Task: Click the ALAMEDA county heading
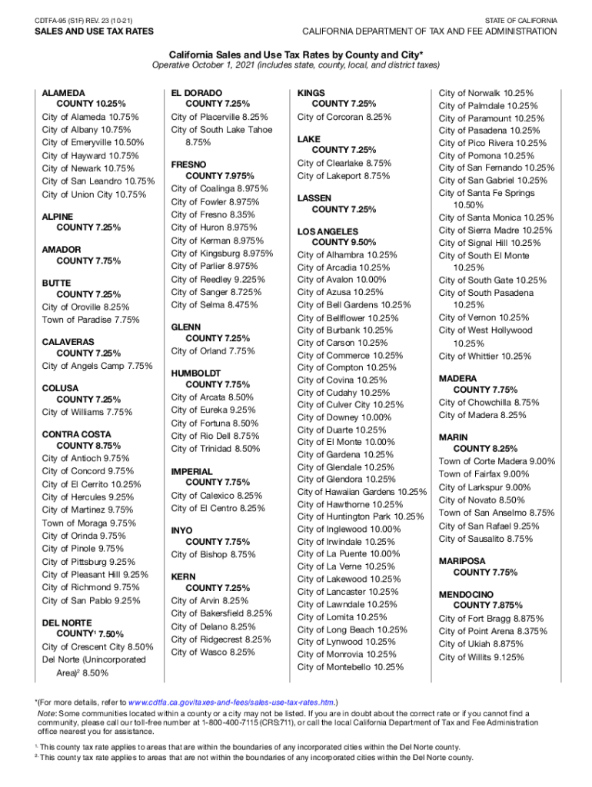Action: tap(64, 91)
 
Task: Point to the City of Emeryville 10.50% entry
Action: tap(93, 142)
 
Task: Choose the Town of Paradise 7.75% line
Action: tap(91, 319)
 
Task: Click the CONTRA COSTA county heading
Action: tap(76, 434)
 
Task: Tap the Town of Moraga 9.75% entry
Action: tap(89, 523)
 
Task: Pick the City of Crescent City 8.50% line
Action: tap(98, 647)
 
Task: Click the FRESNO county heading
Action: tap(189, 164)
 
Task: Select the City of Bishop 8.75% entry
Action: tap(213, 554)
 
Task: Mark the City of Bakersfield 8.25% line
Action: tap(221, 613)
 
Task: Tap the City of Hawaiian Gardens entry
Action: tap(362, 492)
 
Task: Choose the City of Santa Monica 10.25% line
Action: tap(496, 218)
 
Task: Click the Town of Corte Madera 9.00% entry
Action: tap(497, 461)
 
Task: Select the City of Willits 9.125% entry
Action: tap(481, 657)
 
